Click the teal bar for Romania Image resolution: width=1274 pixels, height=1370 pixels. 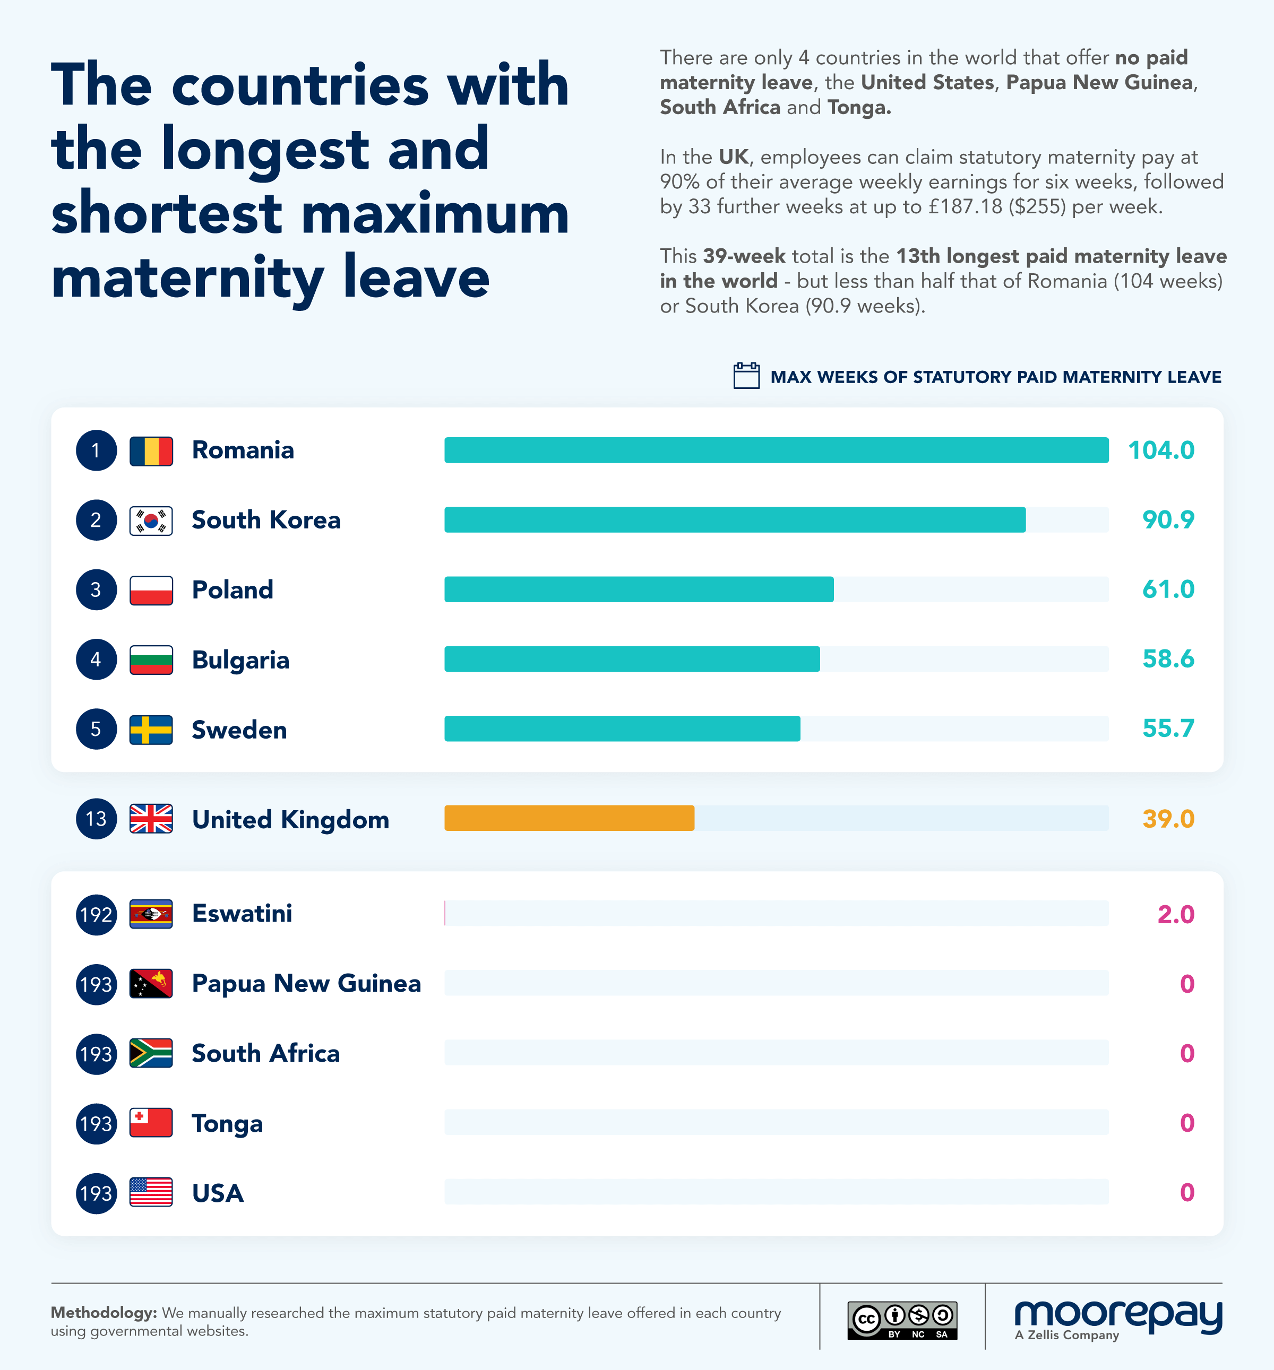pyautogui.click(x=776, y=450)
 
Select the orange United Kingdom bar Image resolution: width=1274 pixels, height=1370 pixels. pyautogui.click(x=569, y=818)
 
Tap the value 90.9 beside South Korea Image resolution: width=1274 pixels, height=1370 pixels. pyautogui.click(x=1168, y=519)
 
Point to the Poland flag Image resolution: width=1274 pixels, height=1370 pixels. pyautogui.click(x=151, y=590)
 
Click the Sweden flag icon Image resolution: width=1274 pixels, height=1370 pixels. pyautogui.click(x=151, y=730)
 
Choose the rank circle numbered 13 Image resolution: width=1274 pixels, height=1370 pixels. pyautogui.click(x=96, y=819)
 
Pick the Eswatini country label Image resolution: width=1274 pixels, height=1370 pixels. pyautogui.click(x=242, y=914)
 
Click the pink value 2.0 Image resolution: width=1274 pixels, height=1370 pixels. pyautogui.click(x=1175, y=914)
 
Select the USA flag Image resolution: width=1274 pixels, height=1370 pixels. pyautogui.click(x=151, y=1193)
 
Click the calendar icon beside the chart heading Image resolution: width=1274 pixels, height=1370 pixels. pyautogui.click(x=746, y=376)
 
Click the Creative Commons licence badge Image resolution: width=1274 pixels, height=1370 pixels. pyautogui.click(x=902, y=1320)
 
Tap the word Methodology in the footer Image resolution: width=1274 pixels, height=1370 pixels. pyautogui.click(x=104, y=1313)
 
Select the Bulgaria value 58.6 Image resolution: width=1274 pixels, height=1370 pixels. pyautogui.click(x=1168, y=659)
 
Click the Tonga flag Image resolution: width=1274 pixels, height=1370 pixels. pyautogui.click(x=151, y=1123)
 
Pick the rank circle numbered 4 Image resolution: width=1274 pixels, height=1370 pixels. pyautogui.click(x=96, y=660)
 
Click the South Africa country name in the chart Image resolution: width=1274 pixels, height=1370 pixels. pyautogui.click(x=265, y=1054)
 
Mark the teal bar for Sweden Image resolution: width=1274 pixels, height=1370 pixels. pyautogui.click(x=622, y=729)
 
